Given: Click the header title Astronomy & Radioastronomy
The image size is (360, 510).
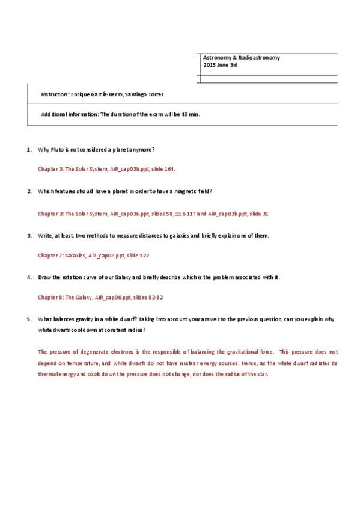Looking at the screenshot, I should click(x=242, y=58).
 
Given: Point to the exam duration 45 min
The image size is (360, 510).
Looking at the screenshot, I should click(x=191, y=114).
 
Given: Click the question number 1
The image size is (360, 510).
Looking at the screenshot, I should click(x=29, y=149).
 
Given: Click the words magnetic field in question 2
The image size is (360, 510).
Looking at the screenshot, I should click(x=195, y=191).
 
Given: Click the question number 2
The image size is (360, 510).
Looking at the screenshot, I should click(x=29, y=191).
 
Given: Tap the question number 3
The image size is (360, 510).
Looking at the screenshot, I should click(x=29, y=235).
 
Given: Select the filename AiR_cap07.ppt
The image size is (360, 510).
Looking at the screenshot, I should click(x=108, y=256).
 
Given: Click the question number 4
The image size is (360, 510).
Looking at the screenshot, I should click(x=29, y=277).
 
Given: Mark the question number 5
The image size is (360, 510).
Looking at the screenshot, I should click(x=29, y=319).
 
